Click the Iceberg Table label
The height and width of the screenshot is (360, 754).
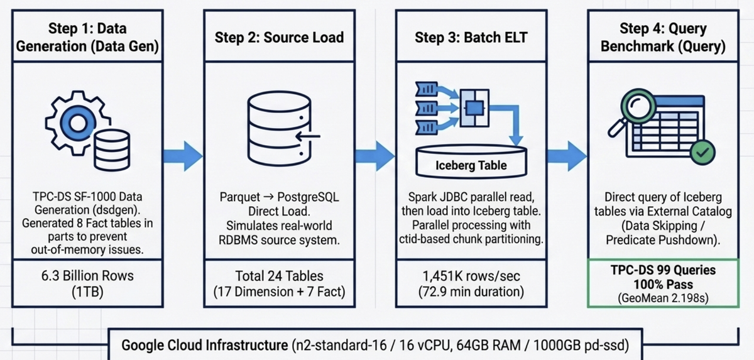(x=471, y=166)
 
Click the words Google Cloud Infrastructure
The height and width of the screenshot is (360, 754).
(x=204, y=345)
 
